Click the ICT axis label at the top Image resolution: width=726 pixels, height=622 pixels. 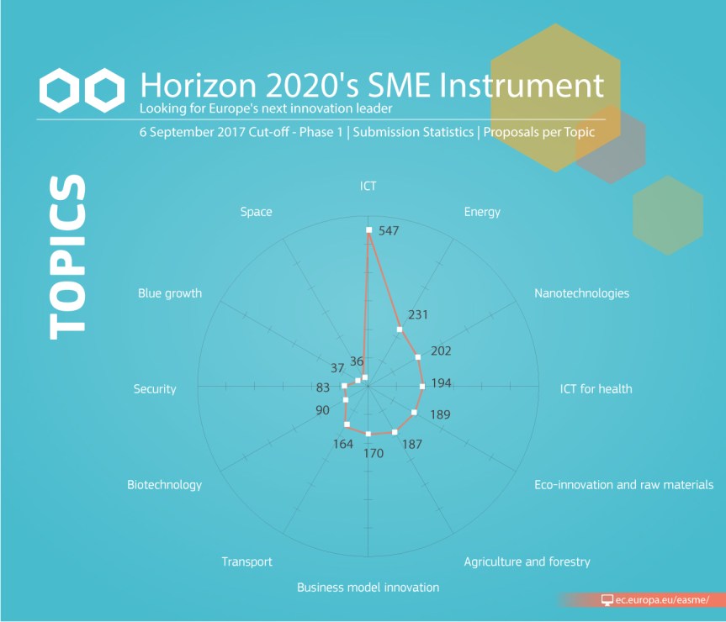368,186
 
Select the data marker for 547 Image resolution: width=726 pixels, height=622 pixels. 369,229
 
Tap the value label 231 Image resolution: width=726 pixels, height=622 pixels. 417,315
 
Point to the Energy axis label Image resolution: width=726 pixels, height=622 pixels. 482,212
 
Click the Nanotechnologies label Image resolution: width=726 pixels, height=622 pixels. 581,293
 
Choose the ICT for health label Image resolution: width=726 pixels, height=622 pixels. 596,389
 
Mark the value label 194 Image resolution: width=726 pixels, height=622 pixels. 442,383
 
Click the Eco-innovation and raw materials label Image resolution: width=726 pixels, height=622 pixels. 623,485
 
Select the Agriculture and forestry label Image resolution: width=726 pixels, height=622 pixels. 527,561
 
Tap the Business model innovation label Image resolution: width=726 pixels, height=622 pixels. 368,588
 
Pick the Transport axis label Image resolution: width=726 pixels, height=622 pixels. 246,561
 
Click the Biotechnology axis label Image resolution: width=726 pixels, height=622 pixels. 164,485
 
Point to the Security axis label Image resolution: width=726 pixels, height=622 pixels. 155,389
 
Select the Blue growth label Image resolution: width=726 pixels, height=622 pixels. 170,293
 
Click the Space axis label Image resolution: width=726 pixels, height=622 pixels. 256,212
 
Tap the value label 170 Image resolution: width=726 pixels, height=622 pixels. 374,453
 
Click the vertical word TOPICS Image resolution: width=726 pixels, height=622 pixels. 67,256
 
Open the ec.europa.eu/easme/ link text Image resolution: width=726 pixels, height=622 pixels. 662,600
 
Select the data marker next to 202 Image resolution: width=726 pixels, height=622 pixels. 417,357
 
